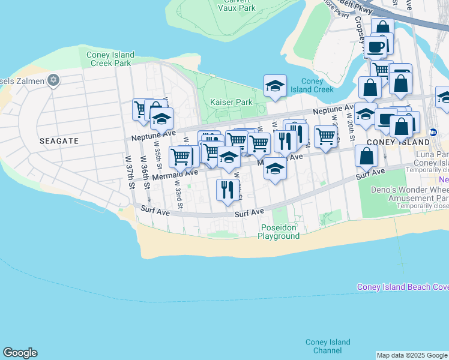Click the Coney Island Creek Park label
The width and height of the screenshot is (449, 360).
(x=109, y=59)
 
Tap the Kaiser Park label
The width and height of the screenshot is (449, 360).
(x=231, y=103)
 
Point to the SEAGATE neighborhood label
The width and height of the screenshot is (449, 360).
(x=59, y=140)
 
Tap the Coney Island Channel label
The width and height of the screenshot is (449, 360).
(x=327, y=346)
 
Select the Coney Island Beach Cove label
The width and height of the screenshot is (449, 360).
(x=402, y=287)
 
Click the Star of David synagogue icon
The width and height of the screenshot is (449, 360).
(x=53, y=80)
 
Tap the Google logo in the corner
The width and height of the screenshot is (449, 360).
(x=20, y=353)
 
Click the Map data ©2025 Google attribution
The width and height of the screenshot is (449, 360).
(x=412, y=355)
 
